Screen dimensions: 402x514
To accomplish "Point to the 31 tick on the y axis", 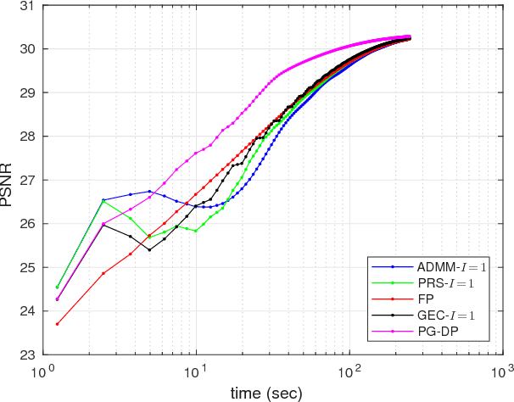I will coord(25,5).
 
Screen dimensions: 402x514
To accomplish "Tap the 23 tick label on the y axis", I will coord(25,355).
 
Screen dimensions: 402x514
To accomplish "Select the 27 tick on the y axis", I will coord(25,180).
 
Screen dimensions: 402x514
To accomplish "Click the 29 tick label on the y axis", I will coord(25,92).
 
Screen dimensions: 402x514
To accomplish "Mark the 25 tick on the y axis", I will coord(25,268).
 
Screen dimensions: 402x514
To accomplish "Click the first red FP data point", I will coord(58,324).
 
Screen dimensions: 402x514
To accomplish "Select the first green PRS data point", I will coord(58,287).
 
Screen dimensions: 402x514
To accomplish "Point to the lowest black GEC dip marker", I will coord(149,250).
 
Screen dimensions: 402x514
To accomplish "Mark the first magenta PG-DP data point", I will coord(58,299).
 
